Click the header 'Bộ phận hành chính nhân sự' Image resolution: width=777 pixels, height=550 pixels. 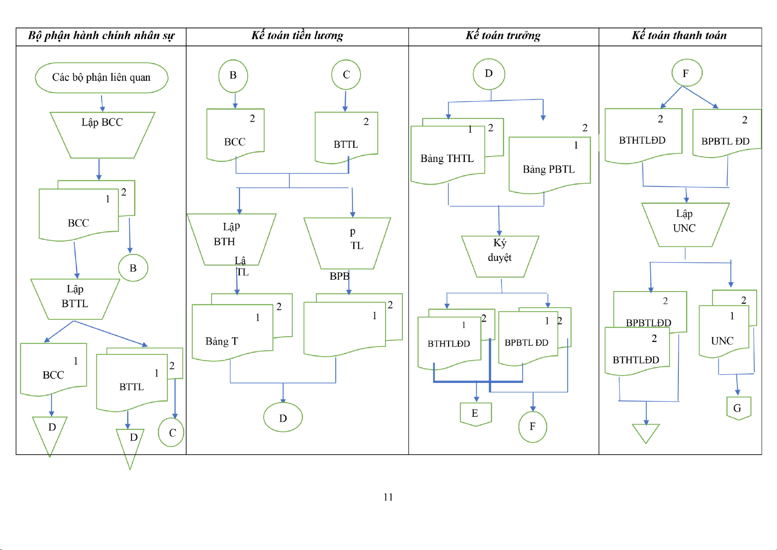coord(101,36)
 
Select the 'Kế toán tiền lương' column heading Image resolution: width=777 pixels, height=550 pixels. coord(297,36)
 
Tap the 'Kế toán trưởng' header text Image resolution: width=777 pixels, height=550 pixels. coord(503,36)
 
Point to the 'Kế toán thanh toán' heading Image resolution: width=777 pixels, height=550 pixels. coord(679,36)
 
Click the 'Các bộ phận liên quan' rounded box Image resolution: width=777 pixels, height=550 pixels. coord(101,78)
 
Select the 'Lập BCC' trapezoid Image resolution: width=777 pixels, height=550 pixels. coord(102,134)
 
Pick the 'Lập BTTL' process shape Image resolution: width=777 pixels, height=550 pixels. coord(75,298)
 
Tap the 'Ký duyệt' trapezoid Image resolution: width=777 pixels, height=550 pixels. coord(500,256)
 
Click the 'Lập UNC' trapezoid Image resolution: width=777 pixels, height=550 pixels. coord(685,224)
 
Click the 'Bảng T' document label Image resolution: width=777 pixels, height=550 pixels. coord(222,341)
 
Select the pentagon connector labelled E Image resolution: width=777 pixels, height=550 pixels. coord(475,413)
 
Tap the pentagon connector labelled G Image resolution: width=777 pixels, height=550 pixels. coord(738,408)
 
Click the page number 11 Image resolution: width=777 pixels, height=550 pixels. coord(388,497)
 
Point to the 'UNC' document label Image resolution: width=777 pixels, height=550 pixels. coord(722,341)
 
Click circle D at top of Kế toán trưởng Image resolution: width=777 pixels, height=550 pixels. coord(489,74)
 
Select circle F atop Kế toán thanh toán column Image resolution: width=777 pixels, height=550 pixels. coord(686,73)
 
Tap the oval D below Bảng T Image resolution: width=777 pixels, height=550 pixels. coord(283,418)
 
